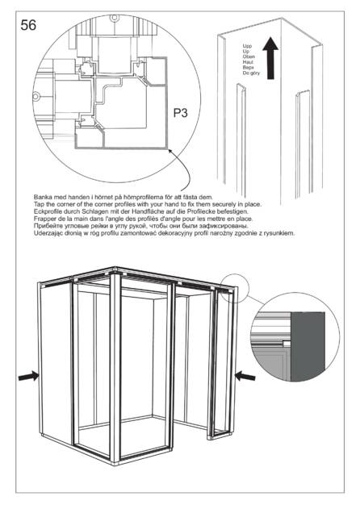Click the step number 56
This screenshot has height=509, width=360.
pyautogui.click(x=28, y=25)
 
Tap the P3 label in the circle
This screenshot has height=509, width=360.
pyautogui.click(x=180, y=113)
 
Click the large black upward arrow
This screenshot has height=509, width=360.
pyautogui.click(x=270, y=58)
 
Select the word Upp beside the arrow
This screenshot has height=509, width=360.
pyautogui.click(x=247, y=46)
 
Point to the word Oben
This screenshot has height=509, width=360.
pyautogui.click(x=249, y=56)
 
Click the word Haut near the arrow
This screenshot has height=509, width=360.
pyautogui.click(x=248, y=62)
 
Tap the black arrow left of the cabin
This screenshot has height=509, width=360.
pyautogui.click(x=28, y=376)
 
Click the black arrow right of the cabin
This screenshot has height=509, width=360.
pyautogui.click(x=245, y=376)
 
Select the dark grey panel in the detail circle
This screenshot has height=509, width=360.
pyautogui.click(x=308, y=346)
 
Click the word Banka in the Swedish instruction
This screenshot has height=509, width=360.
pyautogui.click(x=41, y=197)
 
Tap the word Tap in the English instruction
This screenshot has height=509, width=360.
pyautogui.click(x=38, y=204)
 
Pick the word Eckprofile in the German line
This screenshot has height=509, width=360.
pyautogui.click(x=47, y=211)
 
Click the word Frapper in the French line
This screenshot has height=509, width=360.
pyautogui.click(x=44, y=219)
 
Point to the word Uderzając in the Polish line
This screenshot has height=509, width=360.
pyautogui.click(x=47, y=233)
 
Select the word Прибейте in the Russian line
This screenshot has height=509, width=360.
pyautogui.click(x=46, y=226)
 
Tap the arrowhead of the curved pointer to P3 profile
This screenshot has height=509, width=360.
pyautogui.click(x=169, y=150)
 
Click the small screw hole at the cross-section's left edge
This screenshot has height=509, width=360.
pyautogui.click(x=36, y=97)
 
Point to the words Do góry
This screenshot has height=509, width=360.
pyautogui.click(x=251, y=73)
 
